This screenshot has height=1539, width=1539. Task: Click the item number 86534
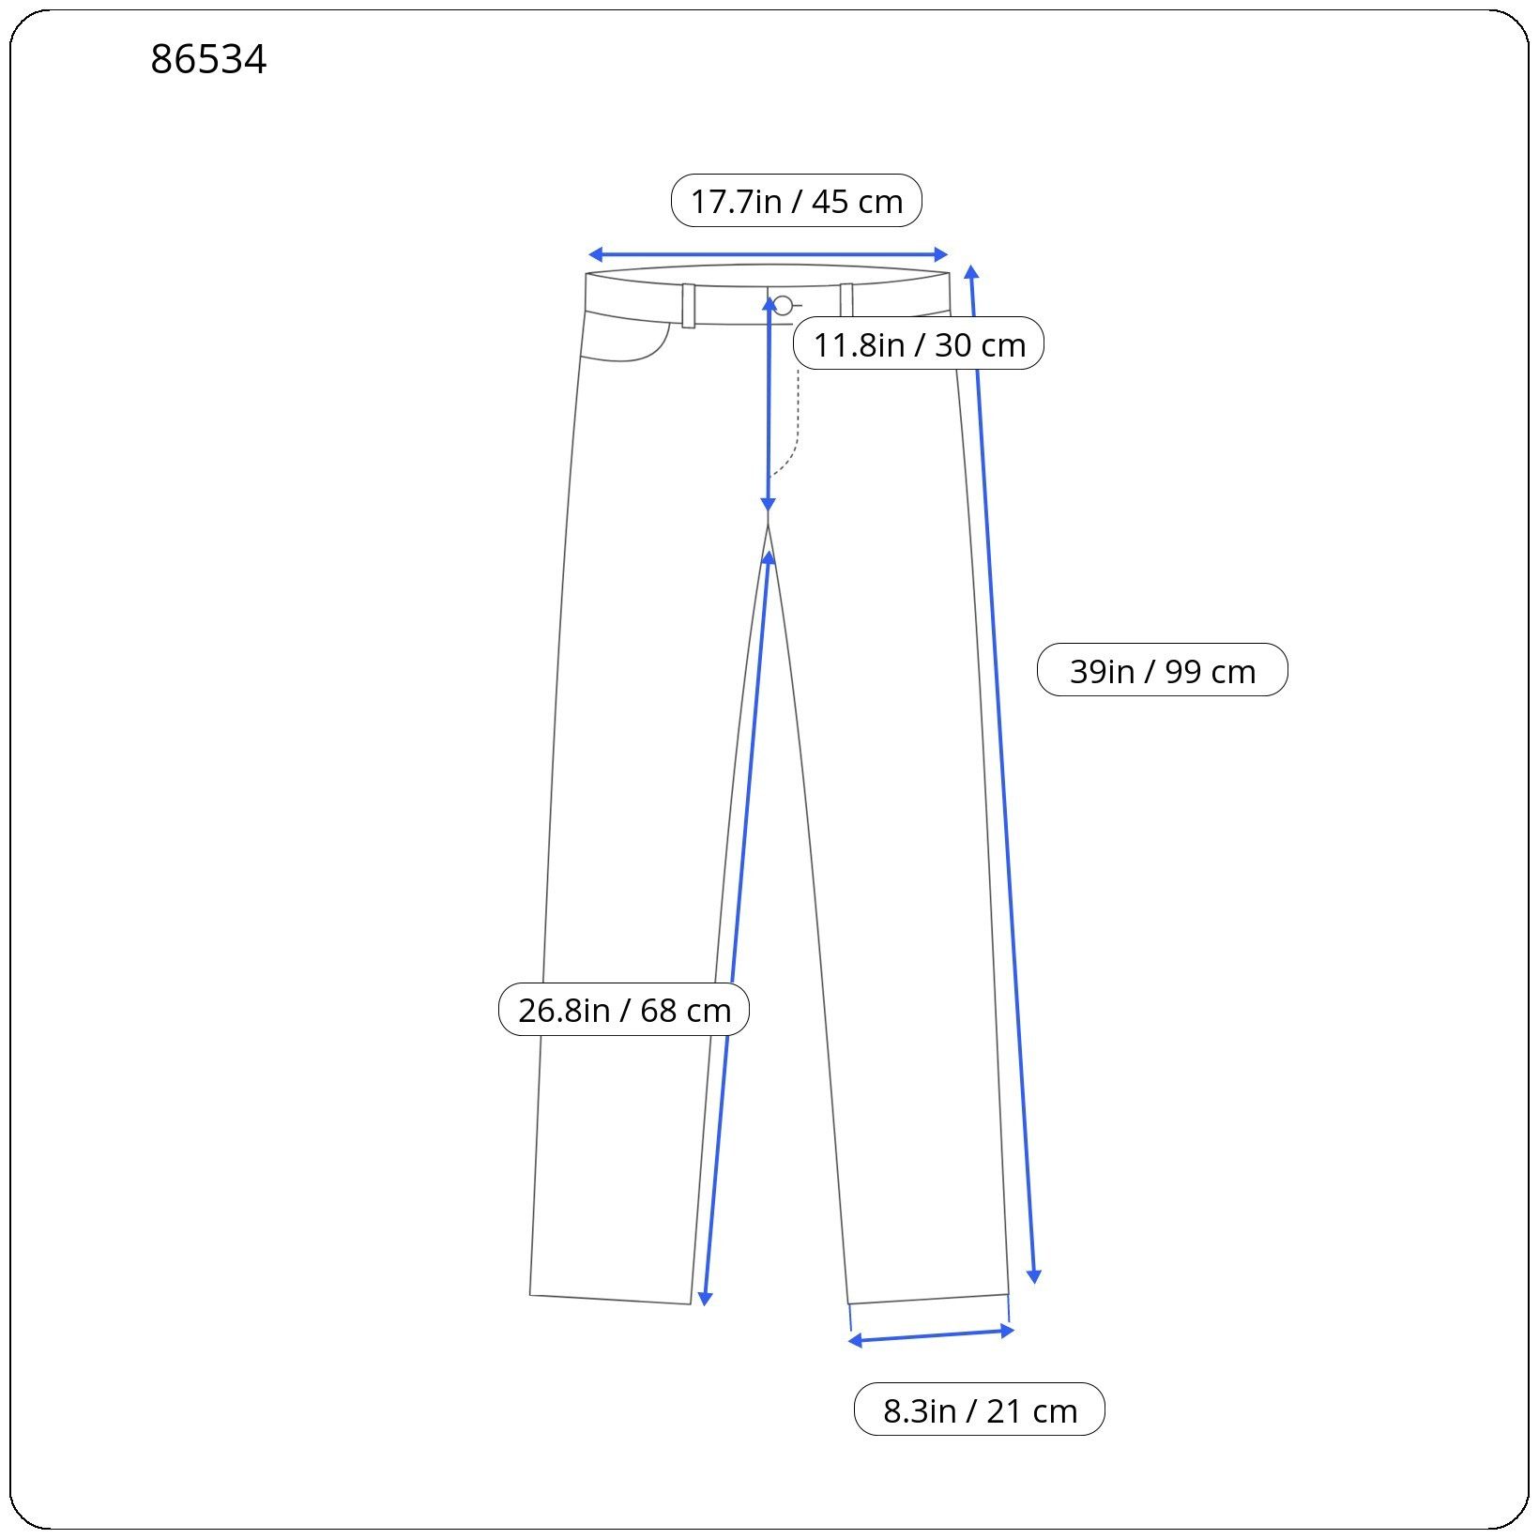[208, 60]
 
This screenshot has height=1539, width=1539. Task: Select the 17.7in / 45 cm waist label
[797, 201]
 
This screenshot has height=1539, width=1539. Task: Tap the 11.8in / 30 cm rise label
[919, 344]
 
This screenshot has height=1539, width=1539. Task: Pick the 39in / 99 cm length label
[1163, 670]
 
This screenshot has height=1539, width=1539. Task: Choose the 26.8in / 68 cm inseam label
[624, 1010]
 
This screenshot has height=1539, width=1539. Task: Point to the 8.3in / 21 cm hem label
[980, 1409]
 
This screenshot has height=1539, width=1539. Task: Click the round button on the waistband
[783, 305]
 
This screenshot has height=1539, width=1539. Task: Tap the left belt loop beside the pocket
[689, 305]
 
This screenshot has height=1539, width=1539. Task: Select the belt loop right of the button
[846, 300]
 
